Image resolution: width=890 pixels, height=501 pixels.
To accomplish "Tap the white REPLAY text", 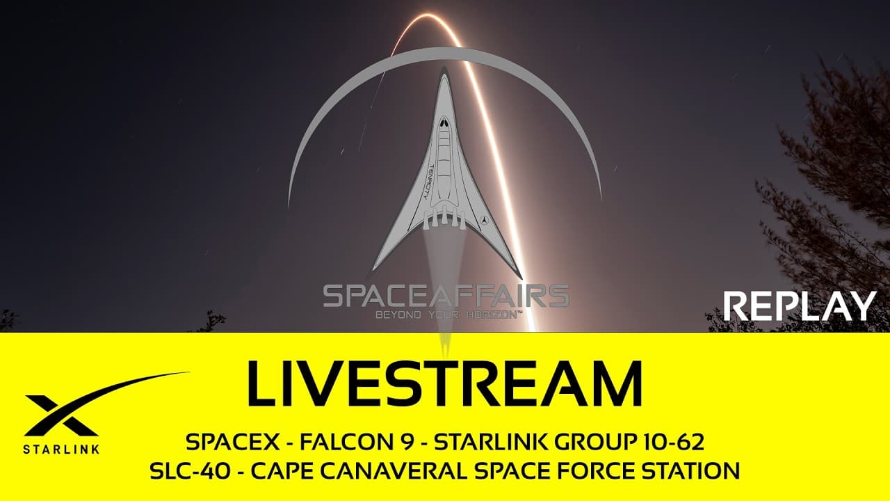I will click(x=800, y=306).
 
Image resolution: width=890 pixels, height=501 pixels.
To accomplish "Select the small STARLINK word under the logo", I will click(x=61, y=449).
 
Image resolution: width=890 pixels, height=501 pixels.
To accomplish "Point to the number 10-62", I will click(x=672, y=442).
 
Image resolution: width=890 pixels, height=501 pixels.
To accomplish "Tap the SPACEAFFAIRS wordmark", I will click(x=446, y=296).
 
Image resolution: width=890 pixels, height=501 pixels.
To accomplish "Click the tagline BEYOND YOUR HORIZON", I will click(x=448, y=315).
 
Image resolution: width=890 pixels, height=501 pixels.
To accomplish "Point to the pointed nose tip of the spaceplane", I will click(x=444, y=70).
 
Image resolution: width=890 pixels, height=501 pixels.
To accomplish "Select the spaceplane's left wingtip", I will click(x=374, y=270).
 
